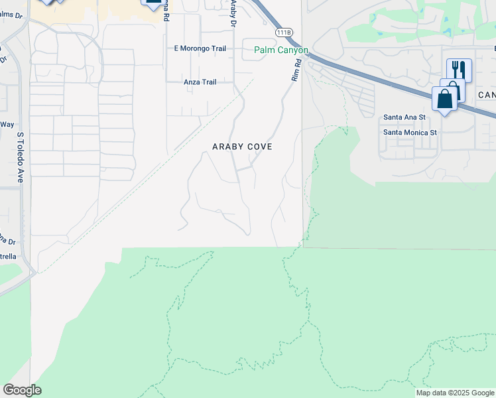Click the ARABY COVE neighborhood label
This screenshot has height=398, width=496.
tap(242, 146)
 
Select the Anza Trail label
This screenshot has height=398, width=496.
tap(200, 82)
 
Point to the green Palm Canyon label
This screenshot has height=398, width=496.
tap(281, 50)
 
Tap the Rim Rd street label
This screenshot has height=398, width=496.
tap(296, 70)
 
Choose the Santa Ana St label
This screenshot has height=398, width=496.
tap(404, 117)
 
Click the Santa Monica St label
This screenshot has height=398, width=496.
tap(410, 132)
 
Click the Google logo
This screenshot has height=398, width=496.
tap(22, 390)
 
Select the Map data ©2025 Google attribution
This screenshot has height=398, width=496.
tap(455, 393)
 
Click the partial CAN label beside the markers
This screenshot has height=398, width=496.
tap(486, 96)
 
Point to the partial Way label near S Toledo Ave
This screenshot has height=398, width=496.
tap(7, 124)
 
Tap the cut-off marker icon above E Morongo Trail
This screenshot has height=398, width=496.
tap(153, 4)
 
